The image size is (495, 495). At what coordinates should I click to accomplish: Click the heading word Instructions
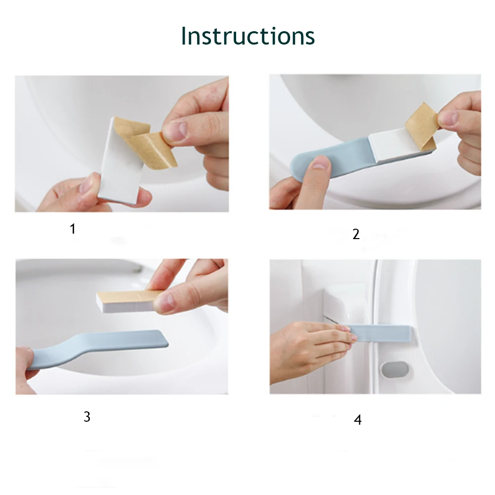click(247, 36)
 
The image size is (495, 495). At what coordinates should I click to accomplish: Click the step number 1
click(73, 229)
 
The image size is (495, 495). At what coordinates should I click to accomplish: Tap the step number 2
click(356, 234)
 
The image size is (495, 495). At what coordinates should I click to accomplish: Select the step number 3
click(87, 417)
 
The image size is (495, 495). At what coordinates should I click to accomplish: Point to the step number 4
click(357, 420)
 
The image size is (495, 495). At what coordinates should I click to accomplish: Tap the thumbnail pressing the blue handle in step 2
click(319, 164)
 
